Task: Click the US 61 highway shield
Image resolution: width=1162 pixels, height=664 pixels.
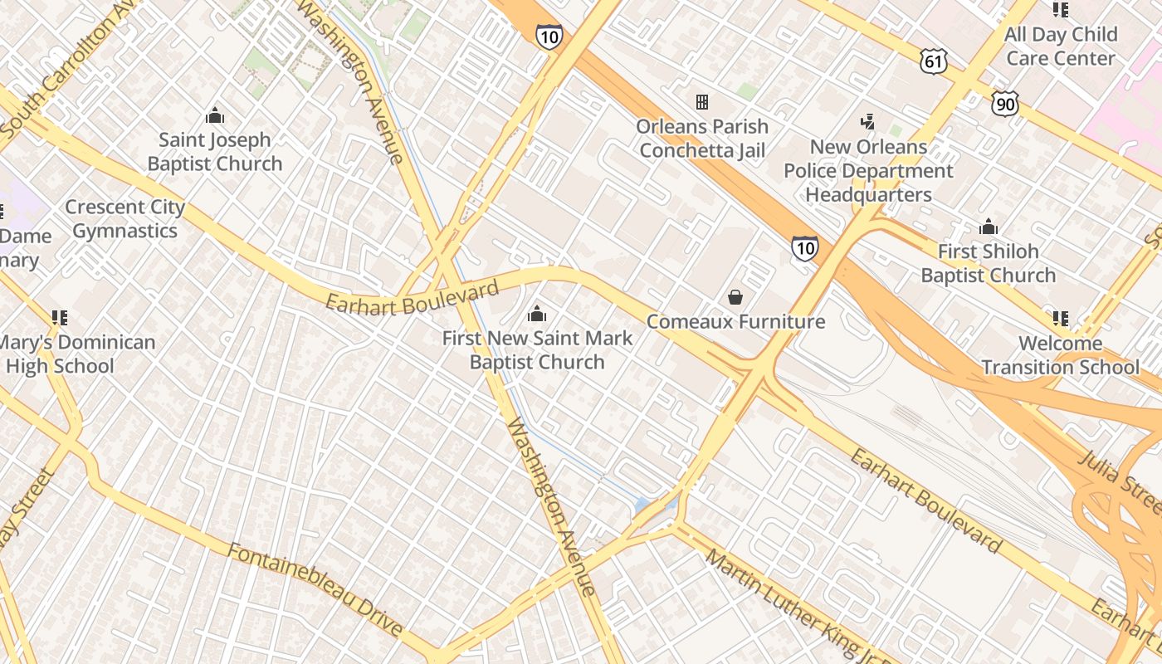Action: coord(933,61)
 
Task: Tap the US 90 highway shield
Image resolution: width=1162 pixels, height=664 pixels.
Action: coord(1004,104)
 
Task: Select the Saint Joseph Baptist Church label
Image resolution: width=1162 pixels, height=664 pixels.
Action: coord(215,152)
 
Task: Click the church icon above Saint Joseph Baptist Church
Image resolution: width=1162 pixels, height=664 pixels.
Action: coord(215,115)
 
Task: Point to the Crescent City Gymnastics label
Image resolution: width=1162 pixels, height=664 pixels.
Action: coord(124,218)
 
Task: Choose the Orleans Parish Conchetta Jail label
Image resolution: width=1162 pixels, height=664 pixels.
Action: coord(702,139)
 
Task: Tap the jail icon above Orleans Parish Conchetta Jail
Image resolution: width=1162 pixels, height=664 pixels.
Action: coord(702,102)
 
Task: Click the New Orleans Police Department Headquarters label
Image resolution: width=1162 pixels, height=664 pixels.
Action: coord(869,171)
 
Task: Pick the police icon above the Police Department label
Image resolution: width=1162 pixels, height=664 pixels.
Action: coord(868,123)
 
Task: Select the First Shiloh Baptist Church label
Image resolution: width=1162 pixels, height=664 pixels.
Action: coord(988,263)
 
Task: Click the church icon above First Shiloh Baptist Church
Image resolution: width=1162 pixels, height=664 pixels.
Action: coord(988,227)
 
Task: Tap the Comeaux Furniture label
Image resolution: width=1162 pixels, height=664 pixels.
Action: coord(735,321)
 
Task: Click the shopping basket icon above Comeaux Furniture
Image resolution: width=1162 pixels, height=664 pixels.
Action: coord(735,297)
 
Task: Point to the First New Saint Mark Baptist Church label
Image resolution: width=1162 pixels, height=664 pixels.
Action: coord(537,350)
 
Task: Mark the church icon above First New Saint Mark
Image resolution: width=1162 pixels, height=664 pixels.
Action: coord(537,314)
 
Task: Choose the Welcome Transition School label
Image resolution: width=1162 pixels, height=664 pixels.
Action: coord(1060,355)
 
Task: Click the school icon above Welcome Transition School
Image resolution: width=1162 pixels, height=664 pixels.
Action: coord(1060,318)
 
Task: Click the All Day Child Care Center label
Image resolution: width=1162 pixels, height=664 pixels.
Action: coord(1060,46)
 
